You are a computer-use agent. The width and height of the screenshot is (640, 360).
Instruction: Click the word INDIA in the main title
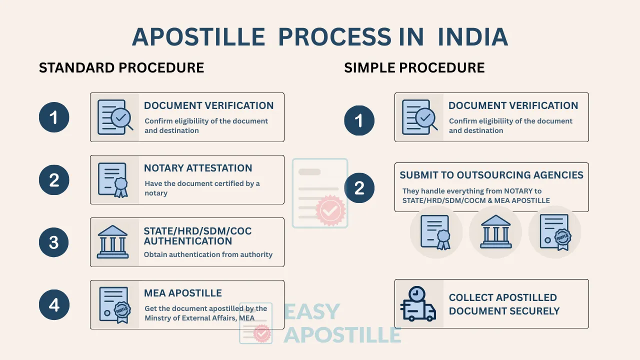tap(472, 37)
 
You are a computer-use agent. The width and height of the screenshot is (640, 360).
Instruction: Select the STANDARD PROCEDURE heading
tap(121, 67)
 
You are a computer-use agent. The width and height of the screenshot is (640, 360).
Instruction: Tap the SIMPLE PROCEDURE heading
tap(414, 67)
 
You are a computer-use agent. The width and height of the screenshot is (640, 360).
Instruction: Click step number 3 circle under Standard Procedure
tap(54, 242)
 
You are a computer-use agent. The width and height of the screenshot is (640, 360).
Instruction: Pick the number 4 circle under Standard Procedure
tap(54, 304)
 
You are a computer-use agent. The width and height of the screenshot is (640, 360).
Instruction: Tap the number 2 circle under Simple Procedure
tap(359, 188)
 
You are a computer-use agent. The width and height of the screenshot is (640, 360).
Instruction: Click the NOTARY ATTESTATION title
tap(198, 168)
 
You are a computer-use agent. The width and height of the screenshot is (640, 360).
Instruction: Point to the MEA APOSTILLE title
tap(183, 293)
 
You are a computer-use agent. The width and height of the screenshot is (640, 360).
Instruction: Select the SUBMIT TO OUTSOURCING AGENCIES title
tap(491, 175)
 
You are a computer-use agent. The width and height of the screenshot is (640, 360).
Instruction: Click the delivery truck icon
tap(418, 303)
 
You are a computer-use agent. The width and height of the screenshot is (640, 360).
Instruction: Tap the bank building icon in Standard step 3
tap(112, 242)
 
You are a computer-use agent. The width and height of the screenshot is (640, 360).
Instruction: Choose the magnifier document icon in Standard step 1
tap(115, 117)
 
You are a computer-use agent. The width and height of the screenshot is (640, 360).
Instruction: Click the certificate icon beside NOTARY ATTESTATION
tap(113, 180)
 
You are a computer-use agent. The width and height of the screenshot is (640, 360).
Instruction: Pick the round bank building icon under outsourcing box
tap(495, 232)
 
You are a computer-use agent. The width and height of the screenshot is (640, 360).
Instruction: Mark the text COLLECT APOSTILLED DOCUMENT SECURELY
tap(504, 304)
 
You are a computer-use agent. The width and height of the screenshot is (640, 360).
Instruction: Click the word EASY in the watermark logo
tap(312, 312)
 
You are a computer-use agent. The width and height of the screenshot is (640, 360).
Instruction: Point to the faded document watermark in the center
tap(320, 193)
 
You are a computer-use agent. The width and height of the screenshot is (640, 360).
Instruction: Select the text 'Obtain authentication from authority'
tap(208, 254)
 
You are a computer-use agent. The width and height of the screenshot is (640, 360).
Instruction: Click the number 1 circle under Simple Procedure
tap(359, 120)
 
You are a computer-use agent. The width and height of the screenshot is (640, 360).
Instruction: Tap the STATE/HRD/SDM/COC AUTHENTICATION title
tap(197, 236)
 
